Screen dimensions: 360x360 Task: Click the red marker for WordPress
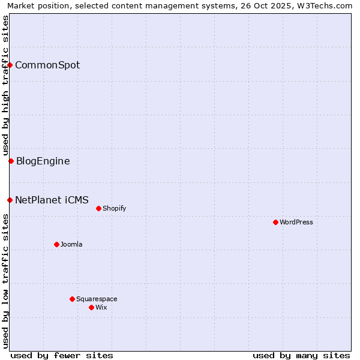point(275,222)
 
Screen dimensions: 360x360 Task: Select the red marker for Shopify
point(98,208)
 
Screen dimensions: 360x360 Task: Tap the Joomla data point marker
point(56,244)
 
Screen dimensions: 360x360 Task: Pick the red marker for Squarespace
point(72,299)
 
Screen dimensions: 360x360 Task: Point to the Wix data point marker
point(91,307)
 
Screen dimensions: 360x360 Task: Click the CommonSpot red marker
point(10,65)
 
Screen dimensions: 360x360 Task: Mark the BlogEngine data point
point(11,161)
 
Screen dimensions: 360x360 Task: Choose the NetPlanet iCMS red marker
point(10,200)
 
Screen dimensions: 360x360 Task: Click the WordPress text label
point(296,222)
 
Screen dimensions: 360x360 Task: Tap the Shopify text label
point(114,208)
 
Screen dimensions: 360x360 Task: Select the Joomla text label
point(71,244)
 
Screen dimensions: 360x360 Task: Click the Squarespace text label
point(97,299)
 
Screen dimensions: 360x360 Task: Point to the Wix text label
point(101,307)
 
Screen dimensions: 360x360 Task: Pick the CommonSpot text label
point(47,65)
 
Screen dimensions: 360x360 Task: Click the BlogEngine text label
point(43,161)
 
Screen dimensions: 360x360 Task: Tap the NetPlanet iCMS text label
point(52,200)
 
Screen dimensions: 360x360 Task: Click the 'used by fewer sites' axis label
point(62,355)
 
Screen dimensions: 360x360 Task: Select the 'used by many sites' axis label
point(301,355)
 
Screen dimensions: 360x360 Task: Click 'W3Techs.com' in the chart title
point(325,6)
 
